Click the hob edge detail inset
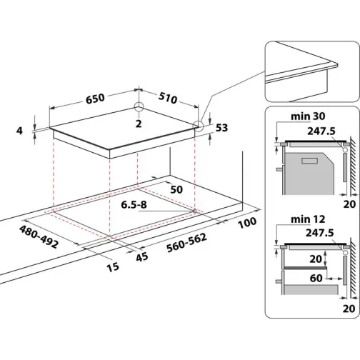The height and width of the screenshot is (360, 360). click(311, 71)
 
